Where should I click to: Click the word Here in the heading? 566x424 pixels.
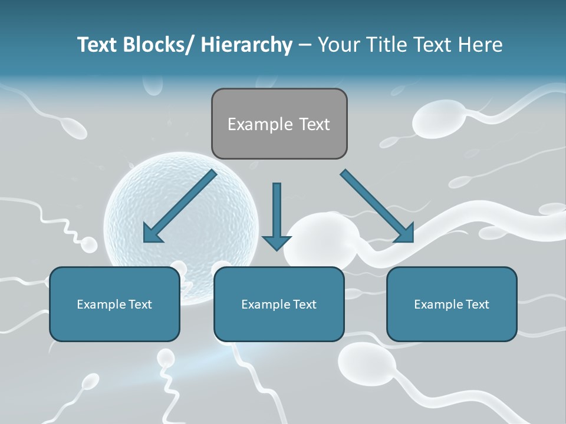click(481, 45)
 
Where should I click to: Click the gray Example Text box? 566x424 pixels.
click(279, 124)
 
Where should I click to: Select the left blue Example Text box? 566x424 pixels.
click(114, 304)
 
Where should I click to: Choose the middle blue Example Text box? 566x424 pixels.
click(279, 304)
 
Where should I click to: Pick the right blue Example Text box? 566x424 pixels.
click(452, 304)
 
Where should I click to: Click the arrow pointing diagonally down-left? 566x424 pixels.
click(180, 206)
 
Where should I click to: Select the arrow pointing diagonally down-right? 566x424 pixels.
click(377, 205)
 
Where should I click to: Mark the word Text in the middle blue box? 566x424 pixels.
click(304, 304)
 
